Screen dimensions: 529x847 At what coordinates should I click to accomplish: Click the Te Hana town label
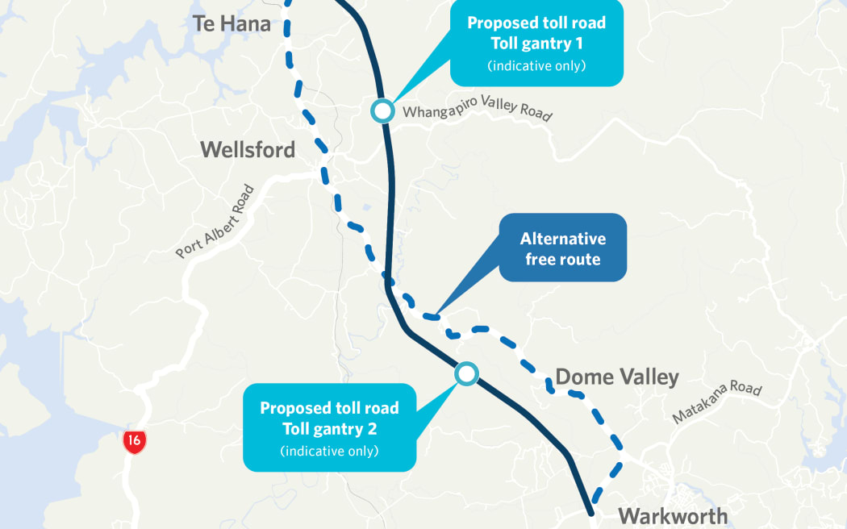(231, 23)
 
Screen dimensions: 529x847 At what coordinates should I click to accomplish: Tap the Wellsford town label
(248, 149)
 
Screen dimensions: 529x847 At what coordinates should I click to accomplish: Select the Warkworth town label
(672, 515)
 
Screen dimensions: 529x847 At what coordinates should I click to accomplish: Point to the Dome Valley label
(617, 377)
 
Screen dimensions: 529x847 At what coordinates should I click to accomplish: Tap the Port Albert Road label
(215, 222)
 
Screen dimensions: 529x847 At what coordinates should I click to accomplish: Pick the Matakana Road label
(717, 403)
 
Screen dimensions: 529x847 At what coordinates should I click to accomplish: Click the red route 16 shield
(135, 441)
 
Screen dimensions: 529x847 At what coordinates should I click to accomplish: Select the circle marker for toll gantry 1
(382, 110)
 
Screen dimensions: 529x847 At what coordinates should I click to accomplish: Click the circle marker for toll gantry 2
(466, 373)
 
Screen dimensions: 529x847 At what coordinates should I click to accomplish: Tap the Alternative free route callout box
(562, 248)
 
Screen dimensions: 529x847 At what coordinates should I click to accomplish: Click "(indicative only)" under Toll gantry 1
(536, 66)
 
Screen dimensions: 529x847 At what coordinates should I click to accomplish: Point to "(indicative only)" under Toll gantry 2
(329, 451)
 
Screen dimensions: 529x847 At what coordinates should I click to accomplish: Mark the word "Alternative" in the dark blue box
(562, 239)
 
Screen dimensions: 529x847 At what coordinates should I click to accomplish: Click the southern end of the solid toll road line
(592, 511)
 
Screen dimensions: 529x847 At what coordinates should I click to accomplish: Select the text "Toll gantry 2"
(329, 429)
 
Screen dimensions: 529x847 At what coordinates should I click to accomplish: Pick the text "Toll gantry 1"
(536, 44)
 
